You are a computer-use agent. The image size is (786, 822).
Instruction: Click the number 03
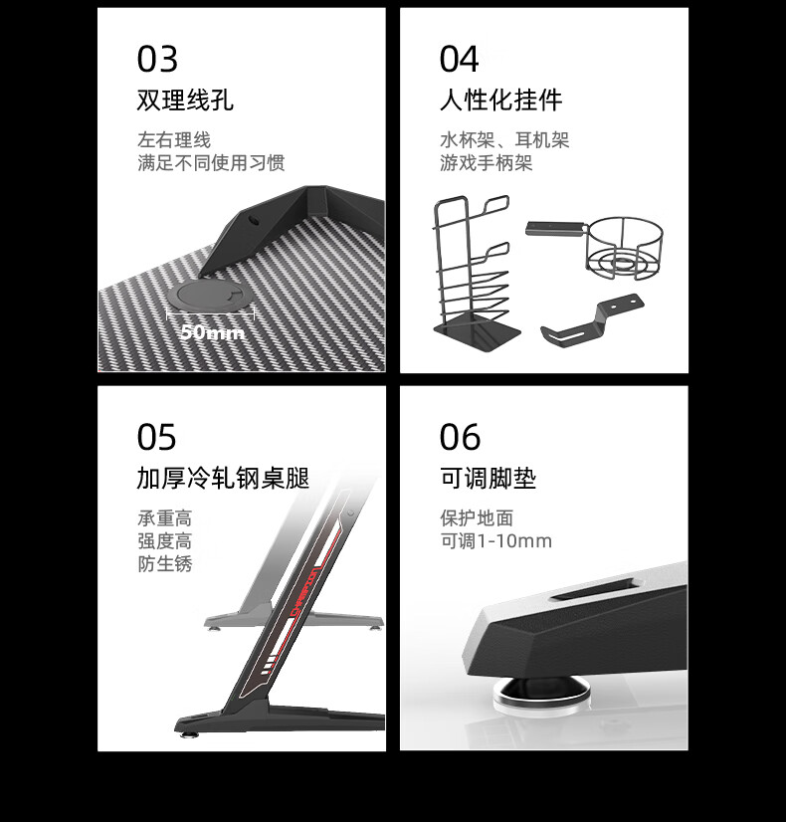pyautogui.click(x=157, y=59)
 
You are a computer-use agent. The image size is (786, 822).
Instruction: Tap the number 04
pyautogui.click(x=459, y=59)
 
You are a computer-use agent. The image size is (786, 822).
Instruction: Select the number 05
pyautogui.click(x=156, y=437)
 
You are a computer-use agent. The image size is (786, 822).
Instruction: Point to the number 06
pyautogui.click(x=460, y=437)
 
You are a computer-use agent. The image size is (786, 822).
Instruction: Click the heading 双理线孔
pyautogui.click(x=185, y=100)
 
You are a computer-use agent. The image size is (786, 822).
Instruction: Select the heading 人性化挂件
pyautogui.click(x=500, y=100)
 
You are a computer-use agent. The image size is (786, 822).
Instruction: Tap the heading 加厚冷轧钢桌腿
pyautogui.click(x=223, y=478)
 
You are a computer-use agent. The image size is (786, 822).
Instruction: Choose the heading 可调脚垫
pyautogui.click(x=488, y=478)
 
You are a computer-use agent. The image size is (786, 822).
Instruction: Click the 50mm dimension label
pyautogui.click(x=212, y=331)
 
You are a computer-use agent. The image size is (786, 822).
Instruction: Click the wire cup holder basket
pyautogui.click(x=624, y=249)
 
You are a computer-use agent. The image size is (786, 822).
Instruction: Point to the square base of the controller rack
pyautogui.click(x=478, y=333)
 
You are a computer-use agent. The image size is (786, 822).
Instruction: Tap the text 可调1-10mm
pyautogui.click(x=495, y=540)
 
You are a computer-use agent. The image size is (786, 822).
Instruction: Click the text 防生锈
pyautogui.click(x=164, y=563)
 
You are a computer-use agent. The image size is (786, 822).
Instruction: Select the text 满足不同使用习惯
pyautogui.click(x=211, y=162)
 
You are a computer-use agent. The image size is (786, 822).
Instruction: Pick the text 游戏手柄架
pyautogui.click(x=486, y=162)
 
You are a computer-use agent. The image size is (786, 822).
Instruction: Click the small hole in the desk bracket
pyautogui.click(x=254, y=220)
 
